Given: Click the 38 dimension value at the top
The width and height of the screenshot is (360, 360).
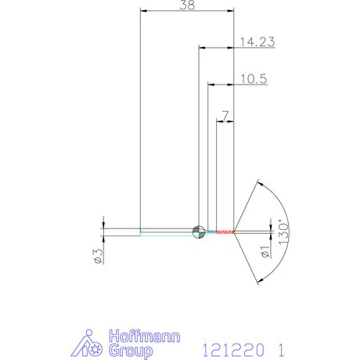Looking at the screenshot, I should click(x=186, y=5).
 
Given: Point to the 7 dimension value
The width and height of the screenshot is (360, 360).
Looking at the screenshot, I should click(x=225, y=116).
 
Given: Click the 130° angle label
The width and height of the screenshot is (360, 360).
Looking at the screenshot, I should click(x=284, y=232).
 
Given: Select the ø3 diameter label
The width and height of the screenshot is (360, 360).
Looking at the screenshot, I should click(x=98, y=256).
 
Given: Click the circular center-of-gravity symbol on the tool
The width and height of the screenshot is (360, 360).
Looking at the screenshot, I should click(x=199, y=231).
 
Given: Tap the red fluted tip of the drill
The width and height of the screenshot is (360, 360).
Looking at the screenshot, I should click(x=225, y=231).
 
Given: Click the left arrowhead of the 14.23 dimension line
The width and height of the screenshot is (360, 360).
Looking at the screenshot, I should click(x=202, y=49).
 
